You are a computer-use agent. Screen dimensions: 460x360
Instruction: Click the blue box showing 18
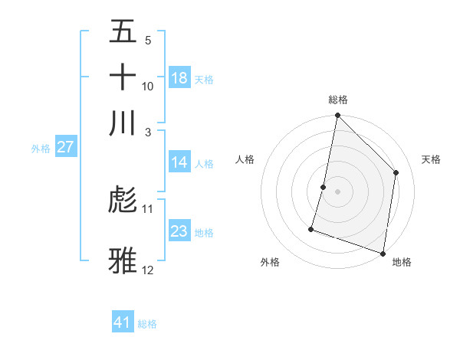[x=179, y=78]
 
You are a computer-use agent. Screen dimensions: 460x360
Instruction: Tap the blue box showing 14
[x=179, y=162]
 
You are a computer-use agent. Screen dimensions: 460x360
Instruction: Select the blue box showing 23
[x=179, y=231]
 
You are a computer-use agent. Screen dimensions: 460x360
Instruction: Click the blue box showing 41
[x=123, y=322]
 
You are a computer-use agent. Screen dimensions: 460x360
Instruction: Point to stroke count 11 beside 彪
[x=148, y=208]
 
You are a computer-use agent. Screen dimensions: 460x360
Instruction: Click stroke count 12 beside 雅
[x=148, y=270]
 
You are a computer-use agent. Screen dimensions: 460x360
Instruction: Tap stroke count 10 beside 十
[x=148, y=86]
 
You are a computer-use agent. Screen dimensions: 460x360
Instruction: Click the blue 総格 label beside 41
[x=147, y=324]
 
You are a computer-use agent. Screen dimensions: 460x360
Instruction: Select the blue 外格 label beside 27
[x=41, y=149]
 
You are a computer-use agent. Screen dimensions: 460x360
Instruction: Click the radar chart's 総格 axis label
[x=337, y=100]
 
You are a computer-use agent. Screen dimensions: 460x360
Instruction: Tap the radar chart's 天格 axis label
[x=432, y=159]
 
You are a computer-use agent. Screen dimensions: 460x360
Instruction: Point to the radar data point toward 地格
[x=383, y=253]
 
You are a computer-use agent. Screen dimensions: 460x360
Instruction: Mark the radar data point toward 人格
[x=324, y=187]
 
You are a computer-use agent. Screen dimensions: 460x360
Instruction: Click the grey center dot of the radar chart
[x=337, y=191]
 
